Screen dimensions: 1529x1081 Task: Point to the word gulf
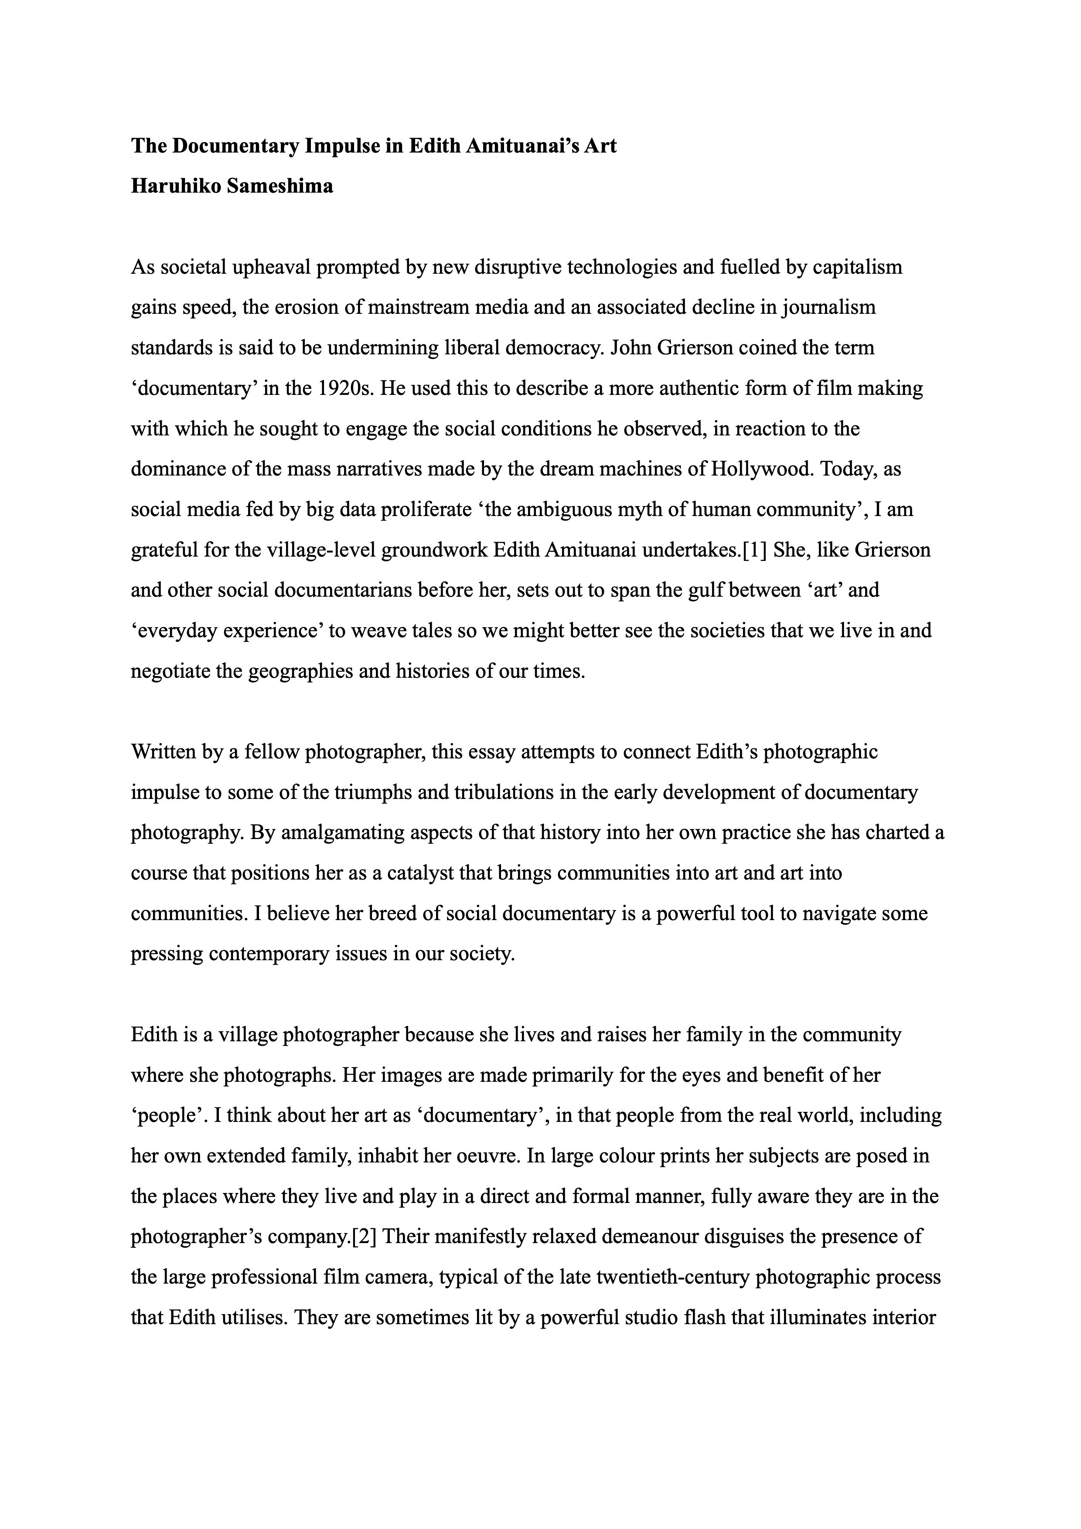click(705, 590)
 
